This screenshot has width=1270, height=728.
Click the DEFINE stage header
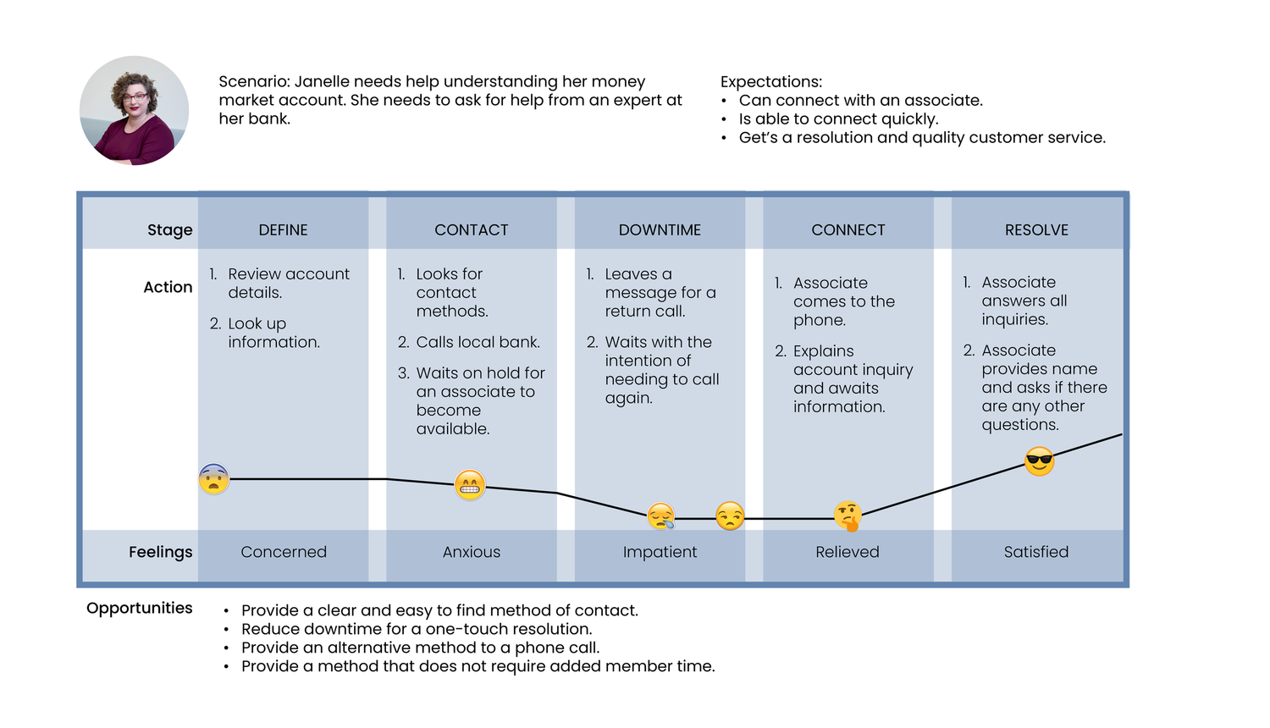[x=283, y=229]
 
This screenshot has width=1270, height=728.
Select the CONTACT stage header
[x=471, y=229]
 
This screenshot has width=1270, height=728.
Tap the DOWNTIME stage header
[x=660, y=229]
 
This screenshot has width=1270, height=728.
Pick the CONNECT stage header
[x=848, y=229]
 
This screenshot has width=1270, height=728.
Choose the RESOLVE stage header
[x=1036, y=229]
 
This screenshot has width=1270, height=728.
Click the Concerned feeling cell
[x=284, y=552]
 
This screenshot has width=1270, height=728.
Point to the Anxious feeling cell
[x=471, y=552]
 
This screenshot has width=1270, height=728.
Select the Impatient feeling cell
[x=660, y=552]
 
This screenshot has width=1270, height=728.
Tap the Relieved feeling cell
[x=848, y=552]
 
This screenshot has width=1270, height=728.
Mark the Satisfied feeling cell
[x=1036, y=552]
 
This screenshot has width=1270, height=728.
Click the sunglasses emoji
[x=1039, y=461]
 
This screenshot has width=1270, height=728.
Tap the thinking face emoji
[x=848, y=516]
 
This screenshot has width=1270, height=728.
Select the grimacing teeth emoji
[x=469, y=485]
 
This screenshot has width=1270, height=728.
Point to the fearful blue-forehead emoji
[x=213, y=479]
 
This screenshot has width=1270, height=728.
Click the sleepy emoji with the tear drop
[x=661, y=516]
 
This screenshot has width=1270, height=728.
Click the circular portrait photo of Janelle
[x=134, y=111]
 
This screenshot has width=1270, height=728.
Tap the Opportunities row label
[x=140, y=609]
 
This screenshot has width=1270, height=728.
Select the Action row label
[x=168, y=287]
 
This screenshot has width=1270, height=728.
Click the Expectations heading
[x=771, y=82]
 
